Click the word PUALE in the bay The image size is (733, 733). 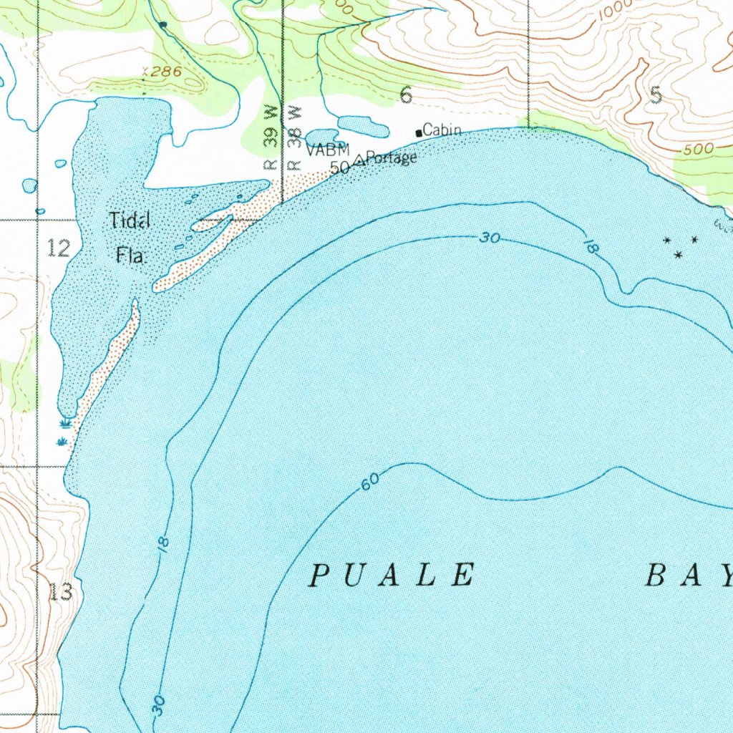(x=393, y=576)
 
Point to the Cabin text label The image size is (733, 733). (x=442, y=130)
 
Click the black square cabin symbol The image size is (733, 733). (x=419, y=133)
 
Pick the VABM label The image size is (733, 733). (x=328, y=150)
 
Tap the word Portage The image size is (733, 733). (x=392, y=158)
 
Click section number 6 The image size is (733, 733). (x=406, y=95)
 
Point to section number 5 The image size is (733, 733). (x=656, y=95)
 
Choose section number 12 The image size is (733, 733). (x=59, y=248)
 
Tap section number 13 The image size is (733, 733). (x=61, y=592)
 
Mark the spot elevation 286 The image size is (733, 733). (x=164, y=72)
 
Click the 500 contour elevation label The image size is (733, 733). (x=698, y=149)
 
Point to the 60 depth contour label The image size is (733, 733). (x=369, y=483)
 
